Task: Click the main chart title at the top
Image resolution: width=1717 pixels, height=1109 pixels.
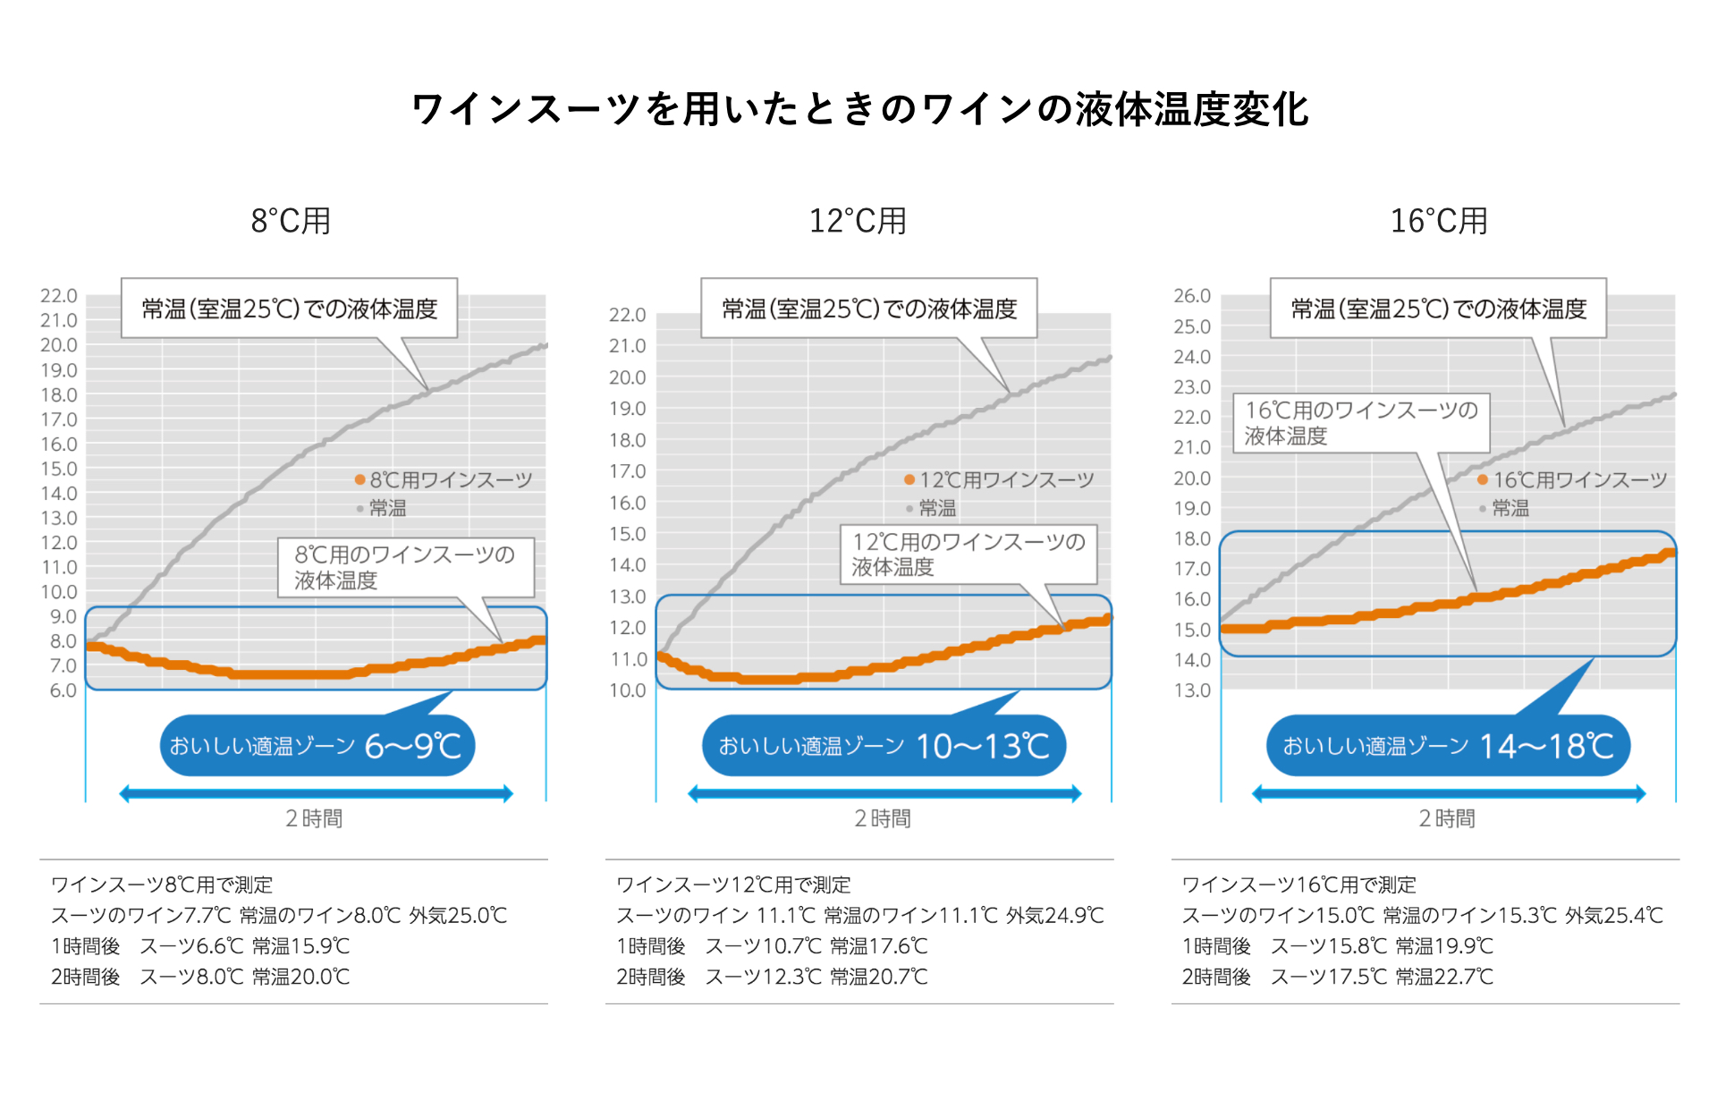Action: click(859, 110)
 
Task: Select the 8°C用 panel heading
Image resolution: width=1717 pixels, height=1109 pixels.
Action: click(291, 221)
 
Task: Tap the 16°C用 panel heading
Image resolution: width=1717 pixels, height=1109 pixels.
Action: click(1438, 221)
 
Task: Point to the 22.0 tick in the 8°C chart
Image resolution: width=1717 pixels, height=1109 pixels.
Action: click(59, 296)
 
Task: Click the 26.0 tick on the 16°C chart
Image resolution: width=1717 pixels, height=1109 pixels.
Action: click(1192, 296)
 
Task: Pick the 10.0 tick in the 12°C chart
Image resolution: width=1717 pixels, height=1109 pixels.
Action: click(627, 690)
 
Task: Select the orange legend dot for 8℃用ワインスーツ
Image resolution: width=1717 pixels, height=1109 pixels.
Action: click(360, 480)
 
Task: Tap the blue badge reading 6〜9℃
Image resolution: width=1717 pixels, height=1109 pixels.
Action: click(317, 745)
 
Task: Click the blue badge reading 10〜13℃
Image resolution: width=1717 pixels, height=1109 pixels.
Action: click(884, 745)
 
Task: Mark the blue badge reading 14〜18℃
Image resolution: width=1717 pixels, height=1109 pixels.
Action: click(1448, 745)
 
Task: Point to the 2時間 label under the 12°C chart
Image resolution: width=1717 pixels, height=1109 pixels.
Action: click(883, 818)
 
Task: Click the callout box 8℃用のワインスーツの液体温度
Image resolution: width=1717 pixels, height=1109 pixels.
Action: click(405, 567)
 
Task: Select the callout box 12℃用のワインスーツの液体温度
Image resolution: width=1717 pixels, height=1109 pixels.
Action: click(968, 554)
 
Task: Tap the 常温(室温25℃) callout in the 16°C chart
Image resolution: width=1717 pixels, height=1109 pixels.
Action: click(1438, 309)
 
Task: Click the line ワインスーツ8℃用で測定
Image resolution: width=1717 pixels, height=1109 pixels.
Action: click(162, 885)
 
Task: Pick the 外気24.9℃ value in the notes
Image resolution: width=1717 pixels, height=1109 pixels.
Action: click(1055, 915)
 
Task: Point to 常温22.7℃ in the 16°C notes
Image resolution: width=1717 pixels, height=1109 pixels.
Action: click(1444, 976)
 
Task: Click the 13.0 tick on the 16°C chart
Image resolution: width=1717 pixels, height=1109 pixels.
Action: click(1192, 690)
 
